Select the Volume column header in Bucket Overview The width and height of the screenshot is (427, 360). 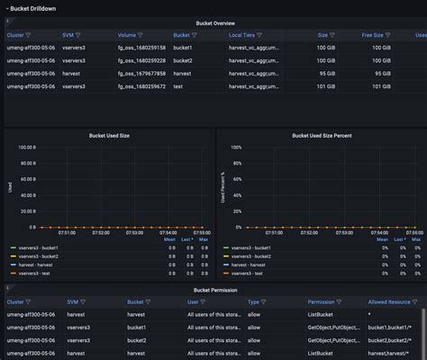point(130,35)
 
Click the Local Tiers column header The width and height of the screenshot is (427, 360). point(246,35)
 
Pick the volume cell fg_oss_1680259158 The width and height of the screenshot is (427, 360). point(142,48)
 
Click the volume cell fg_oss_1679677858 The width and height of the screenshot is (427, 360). point(142,73)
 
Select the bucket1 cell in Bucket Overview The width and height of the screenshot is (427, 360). point(184,48)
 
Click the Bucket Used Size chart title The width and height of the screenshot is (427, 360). point(109,135)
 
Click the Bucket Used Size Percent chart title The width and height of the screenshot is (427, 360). point(320,135)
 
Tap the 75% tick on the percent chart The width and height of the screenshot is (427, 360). point(236,166)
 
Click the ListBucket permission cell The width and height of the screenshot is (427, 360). point(322,315)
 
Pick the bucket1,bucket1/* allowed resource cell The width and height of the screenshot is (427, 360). point(389,328)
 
